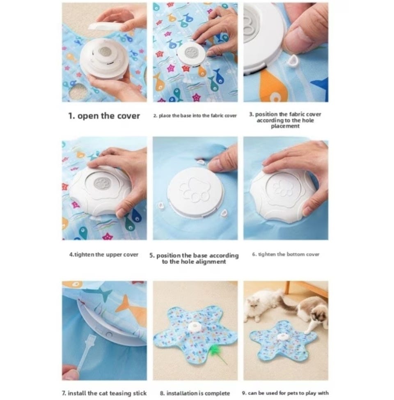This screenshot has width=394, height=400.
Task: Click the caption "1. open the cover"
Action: [104, 116]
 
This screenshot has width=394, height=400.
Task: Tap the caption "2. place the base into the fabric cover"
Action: [195, 115]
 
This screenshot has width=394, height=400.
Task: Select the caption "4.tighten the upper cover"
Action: [104, 254]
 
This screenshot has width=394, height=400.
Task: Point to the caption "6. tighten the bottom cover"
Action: [286, 254]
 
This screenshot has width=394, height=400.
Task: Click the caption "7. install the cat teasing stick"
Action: [104, 393]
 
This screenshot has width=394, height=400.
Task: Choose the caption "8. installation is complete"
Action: [195, 393]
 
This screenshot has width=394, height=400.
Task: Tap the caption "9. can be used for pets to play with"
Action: [285, 393]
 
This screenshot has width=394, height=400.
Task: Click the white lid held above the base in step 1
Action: [107, 26]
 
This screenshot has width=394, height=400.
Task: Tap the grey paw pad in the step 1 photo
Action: [105, 52]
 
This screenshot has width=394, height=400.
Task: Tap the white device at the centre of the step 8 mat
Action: [195, 327]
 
